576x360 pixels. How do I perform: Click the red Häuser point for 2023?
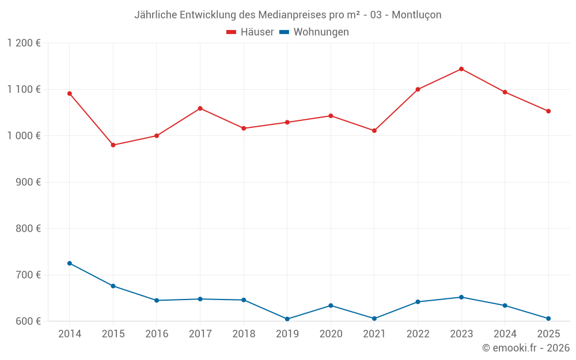pyautogui.click(x=461, y=69)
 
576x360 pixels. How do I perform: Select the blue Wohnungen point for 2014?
pyautogui.click(x=70, y=263)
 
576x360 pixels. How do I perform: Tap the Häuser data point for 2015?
pyautogui.click(x=113, y=145)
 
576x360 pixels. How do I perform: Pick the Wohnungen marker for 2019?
pyautogui.click(x=287, y=319)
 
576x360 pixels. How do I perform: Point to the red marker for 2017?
pyautogui.click(x=200, y=108)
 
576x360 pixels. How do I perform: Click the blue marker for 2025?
pyautogui.click(x=548, y=319)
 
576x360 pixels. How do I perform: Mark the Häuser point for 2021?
pyautogui.click(x=374, y=131)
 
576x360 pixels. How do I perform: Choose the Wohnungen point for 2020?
pyautogui.click(x=331, y=305)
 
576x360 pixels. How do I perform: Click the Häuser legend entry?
pyautogui.click(x=250, y=32)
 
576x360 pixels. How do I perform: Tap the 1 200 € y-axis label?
pyautogui.click(x=24, y=43)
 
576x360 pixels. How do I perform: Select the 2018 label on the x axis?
pyautogui.click(x=244, y=334)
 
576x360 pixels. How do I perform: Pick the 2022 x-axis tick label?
pyautogui.click(x=418, y=334)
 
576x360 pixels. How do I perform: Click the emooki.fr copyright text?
pyautogui.click(x=526, y=348)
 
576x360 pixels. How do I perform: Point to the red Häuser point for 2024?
pyautogui.click(x=505, y=92)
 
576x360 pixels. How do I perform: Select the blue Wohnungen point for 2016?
pyautogui.click(x=157, y=300)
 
